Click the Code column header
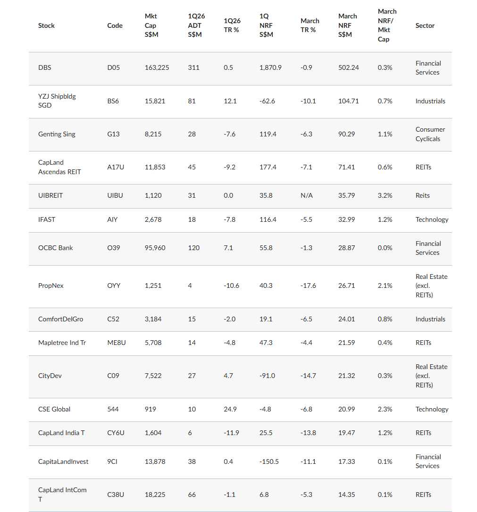[115, 25]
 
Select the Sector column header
[425, 25]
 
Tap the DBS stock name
[44, 67]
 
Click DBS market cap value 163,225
[157, 67]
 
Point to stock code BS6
[113, 101]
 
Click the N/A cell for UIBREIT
[306, 195]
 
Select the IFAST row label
[46, 219]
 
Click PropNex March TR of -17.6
[308, 285]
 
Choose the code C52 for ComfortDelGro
[113, 319]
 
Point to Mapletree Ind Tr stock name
[62, 343]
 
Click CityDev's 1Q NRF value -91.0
[267, 376]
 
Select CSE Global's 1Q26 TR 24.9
[230, 409]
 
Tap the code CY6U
[116, 433]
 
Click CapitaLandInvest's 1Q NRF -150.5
[269, 462]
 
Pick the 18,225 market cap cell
[155, 495]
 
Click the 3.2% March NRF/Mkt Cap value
[385, 195]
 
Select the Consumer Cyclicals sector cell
[430, 134]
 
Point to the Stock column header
[46, 25]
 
